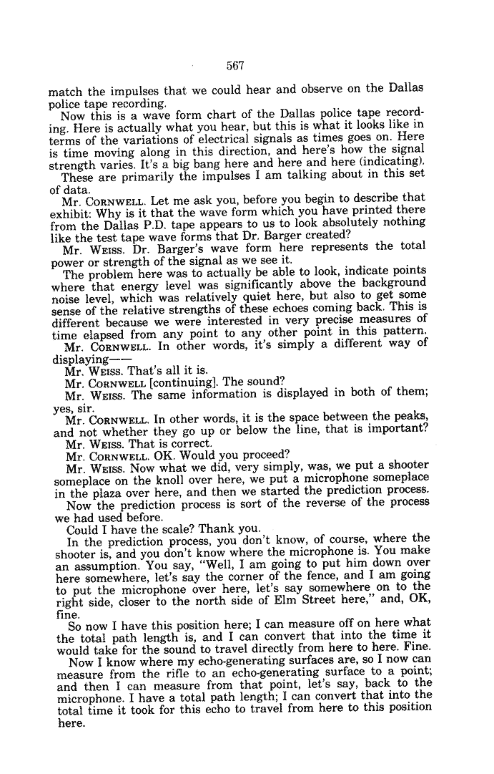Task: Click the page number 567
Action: [235, 66]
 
